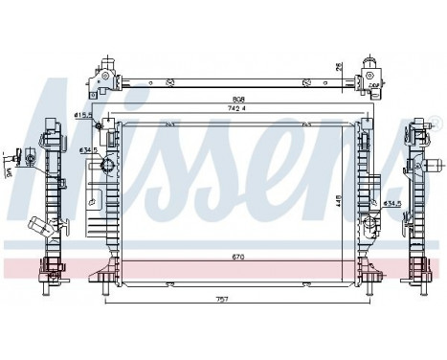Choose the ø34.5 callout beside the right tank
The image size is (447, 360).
pos(393,203)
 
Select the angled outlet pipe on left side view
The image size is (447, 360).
pos(40,230)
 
